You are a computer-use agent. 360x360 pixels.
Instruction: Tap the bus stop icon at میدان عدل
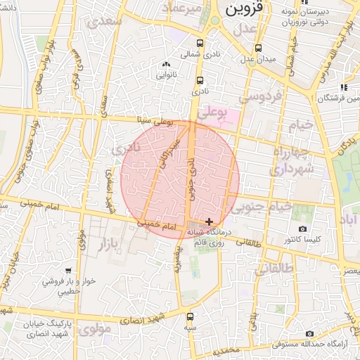coord(259,49)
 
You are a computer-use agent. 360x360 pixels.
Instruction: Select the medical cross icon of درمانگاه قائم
coord(208,221)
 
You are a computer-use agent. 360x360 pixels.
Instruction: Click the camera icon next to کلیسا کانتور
coord(302,229)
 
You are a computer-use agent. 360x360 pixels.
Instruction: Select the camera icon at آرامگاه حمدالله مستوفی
coord(309,334)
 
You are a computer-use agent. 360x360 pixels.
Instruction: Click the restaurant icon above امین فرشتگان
coord(344,87)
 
